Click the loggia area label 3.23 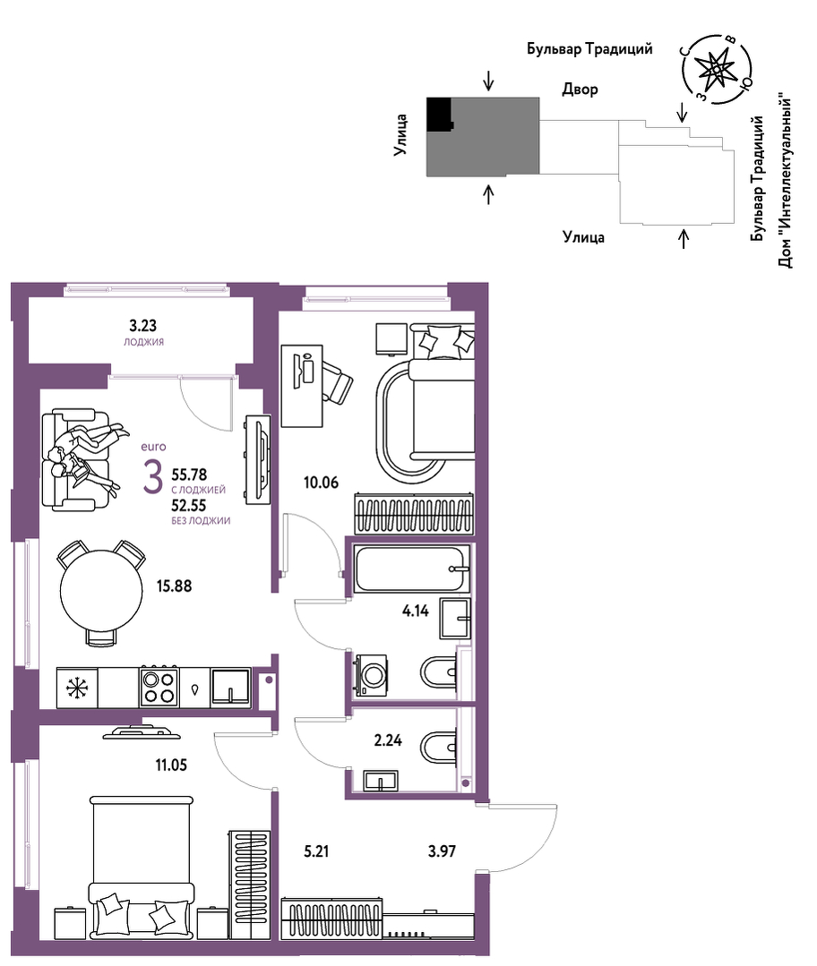[142, 325]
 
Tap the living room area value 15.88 [174, 586]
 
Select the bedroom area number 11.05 [171, 765]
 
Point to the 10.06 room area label [322, 483]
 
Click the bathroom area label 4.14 [416, 611]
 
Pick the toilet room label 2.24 [388, 740]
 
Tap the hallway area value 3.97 [443, 851]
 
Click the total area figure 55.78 [189, 475]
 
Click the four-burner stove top [159, 687]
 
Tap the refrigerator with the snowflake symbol [77, 688]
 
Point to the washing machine [370, 676]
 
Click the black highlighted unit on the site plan [439, 114]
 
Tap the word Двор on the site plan [580, 90]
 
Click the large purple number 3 [153, 476]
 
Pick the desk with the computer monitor [302, 386]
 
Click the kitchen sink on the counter [230, 687]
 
